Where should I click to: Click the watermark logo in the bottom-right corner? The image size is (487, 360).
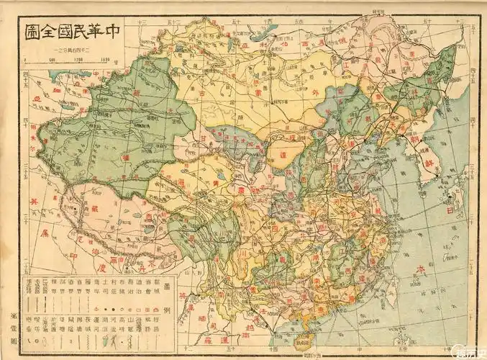(x=470, y=351)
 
